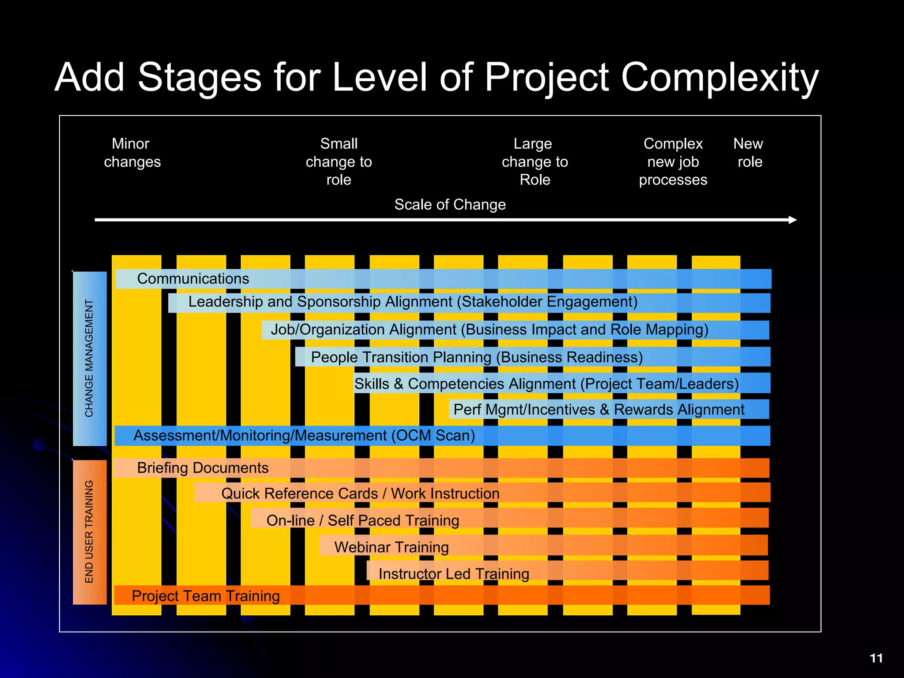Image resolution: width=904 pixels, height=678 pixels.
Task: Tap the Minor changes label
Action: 132,153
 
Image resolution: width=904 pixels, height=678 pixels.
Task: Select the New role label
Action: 749,153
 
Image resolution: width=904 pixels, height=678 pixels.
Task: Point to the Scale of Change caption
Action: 450,205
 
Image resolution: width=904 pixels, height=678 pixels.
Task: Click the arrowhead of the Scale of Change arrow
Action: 793,220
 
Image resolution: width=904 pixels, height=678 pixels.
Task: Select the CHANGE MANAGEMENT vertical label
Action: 90,358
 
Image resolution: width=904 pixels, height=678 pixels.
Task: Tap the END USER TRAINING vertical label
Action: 90,532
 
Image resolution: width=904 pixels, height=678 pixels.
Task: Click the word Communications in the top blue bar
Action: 193,279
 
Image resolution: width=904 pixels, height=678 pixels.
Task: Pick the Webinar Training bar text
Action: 392,547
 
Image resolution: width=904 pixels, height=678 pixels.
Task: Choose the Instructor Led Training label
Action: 454,574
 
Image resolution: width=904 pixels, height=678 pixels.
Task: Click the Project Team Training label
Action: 206,596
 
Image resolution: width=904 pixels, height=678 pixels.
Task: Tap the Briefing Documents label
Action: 203,468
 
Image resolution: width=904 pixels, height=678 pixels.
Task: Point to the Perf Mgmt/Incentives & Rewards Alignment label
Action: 599,410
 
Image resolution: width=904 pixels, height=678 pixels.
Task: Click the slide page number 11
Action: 876,658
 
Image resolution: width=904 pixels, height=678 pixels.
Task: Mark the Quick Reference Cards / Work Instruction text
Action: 360,493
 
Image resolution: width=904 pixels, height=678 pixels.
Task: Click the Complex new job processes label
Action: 673,162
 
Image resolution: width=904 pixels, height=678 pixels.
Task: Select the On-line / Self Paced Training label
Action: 362,521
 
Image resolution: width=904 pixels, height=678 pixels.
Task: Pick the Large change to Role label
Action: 535,162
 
